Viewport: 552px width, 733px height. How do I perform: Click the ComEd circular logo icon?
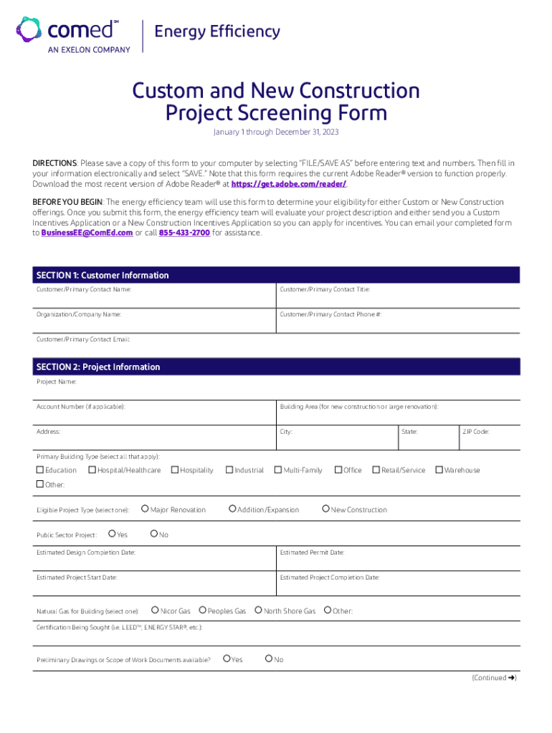[x=29, y=31]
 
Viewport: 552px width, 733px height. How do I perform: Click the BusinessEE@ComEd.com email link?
[x=87, y=233]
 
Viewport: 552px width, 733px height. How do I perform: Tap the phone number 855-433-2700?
[x=184, y=233]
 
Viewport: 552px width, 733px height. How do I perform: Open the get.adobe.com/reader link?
[x=285, y=183]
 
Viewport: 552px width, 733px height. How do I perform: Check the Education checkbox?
[x=40, y=470]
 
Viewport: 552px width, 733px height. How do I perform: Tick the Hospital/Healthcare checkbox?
[x=92, y=470]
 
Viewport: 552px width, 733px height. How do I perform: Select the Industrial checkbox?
[x=229, y=470]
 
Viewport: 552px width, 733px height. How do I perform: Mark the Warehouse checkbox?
[x=439, y=470]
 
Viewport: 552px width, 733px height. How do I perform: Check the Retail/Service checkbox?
[x=376, y=470]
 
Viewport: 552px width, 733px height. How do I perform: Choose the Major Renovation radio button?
[x=145, y=509]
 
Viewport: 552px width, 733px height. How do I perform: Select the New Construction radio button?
[x=325, y=509]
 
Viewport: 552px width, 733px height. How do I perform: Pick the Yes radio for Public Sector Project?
[x=112, y=534]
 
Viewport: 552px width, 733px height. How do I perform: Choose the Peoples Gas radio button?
[x=203, y=611]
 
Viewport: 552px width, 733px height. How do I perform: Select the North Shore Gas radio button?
[x=259, y=611]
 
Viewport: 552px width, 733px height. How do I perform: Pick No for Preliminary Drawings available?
[x=269, y=659]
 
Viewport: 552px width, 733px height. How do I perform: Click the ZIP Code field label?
[x=475, y=432]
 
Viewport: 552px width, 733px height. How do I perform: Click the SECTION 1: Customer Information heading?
[x=103, y=276]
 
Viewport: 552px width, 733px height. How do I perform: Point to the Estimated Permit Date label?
[x=312, y=553]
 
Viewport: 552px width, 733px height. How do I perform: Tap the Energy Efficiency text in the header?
[x=217, y=31]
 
